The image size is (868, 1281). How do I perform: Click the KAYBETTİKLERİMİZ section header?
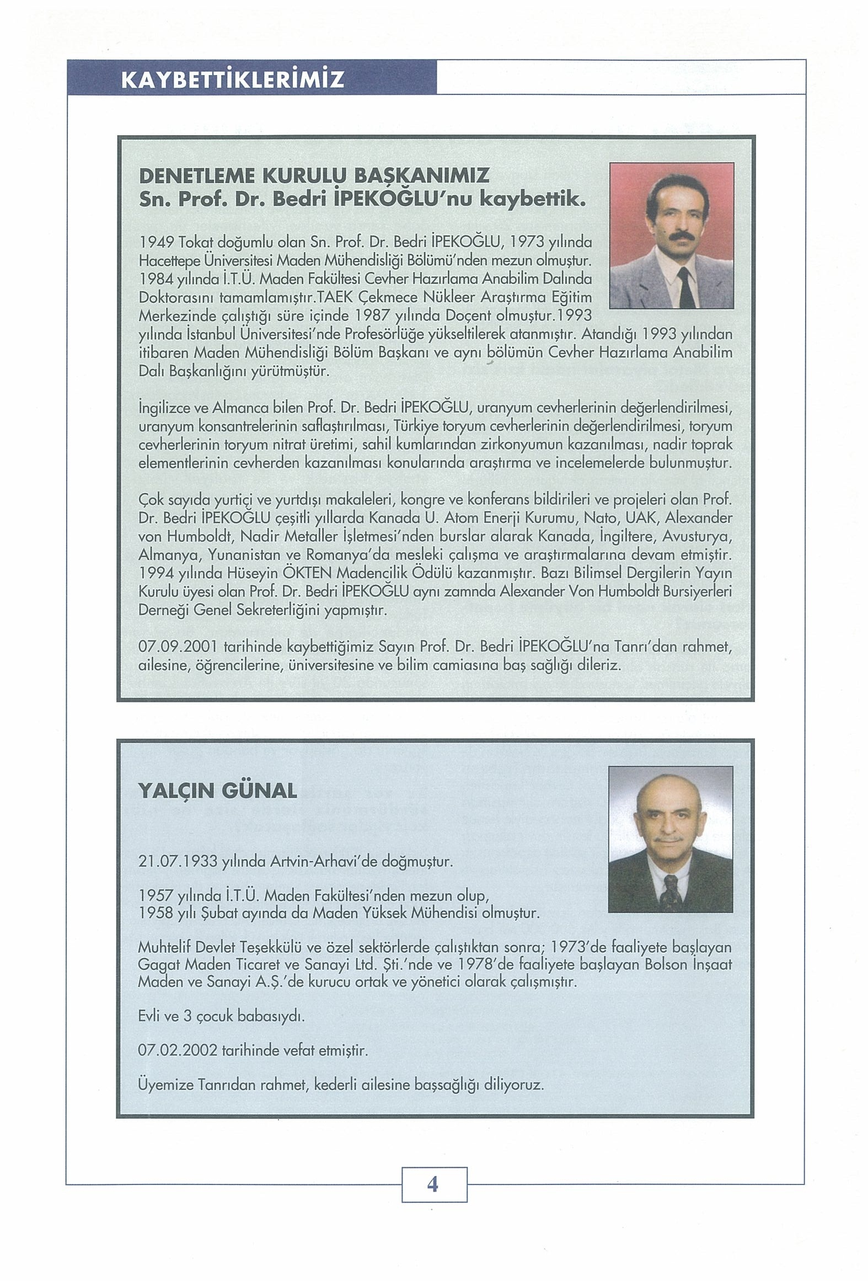pyautogui.click(x=232, y=79)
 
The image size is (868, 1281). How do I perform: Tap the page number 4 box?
pyautogui.click(x=433, y=1184)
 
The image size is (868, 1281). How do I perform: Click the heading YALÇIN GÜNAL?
pyautogui.click(x=217, y=792)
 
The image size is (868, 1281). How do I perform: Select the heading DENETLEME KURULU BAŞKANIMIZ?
pyautogui.click(x=314, y=176)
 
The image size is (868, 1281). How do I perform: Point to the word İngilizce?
pyautogui.click(x=164, y=408)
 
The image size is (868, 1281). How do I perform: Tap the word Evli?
pyautogui.click(x=150, y=1015)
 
